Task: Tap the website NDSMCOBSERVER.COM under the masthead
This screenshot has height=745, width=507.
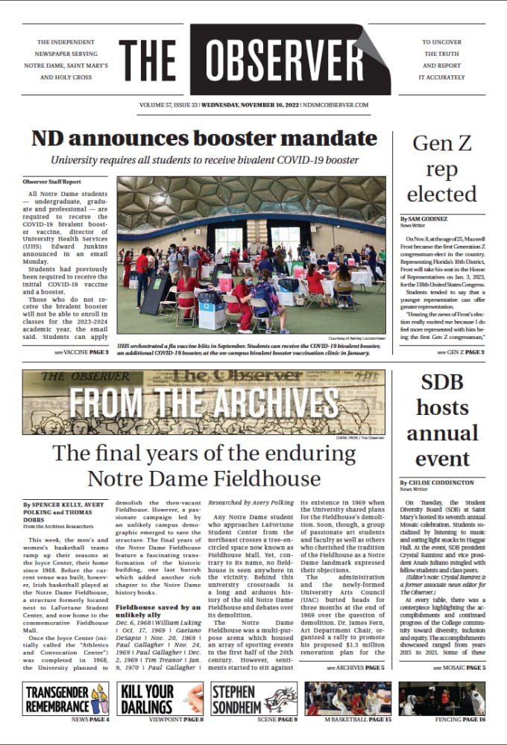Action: click(x=341, y=105)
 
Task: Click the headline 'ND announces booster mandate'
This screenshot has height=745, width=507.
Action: click(x=204, y=139)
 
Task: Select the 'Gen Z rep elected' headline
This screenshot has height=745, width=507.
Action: click(x=441, y=169)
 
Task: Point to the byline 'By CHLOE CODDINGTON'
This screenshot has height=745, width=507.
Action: click(x=435, y=483)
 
